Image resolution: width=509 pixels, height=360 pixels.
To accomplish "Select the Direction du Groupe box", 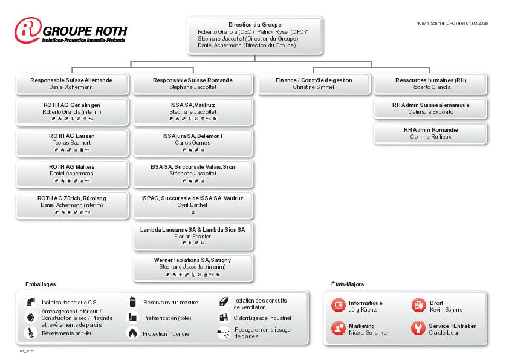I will pyautogui.click(x=254, y=35).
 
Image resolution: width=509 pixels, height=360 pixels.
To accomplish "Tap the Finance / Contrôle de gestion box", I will pyautogui.click(x=313, y=83).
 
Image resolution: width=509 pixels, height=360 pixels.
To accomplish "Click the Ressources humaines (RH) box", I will pyautogui.click(x=430, y=83).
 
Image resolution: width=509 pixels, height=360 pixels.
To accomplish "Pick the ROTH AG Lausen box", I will pyautogui.click(x=71, y=142).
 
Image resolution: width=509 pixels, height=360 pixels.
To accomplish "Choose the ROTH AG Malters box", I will pyautogui.click(x=71, y=173).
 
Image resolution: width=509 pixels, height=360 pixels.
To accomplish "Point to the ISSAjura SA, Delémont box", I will pyautogui.click(x=192, y=142).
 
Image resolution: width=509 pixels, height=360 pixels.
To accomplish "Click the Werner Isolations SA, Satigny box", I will pyautogui.click(x=192, y=266).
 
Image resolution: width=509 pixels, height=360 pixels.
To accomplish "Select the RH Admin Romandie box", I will pyautogui.click(x=430, y=133).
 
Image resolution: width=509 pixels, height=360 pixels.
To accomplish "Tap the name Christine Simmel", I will pyautogui.click(x=313, y=87).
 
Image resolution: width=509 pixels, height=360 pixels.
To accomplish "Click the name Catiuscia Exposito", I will pyautogui.click(x=430, y=112).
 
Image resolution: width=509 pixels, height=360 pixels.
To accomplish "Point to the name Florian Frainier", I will pyautogui.click(x=192, y=237).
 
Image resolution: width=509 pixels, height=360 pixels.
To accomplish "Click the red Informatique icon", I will pyautogui.click(x=338, y=306).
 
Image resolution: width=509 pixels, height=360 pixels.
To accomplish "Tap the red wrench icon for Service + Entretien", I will pyautogui.click(x=418, y=329).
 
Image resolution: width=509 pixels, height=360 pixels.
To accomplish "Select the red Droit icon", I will pyautogui.click(x=418, y=306).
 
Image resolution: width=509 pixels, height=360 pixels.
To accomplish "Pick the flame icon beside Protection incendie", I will pyautogui.click(x=132, y=333).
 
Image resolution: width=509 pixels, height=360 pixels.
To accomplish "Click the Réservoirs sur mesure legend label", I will pyautogui.click(x=170, y=302).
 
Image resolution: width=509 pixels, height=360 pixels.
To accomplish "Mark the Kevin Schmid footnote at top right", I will pyautogui.click(x=452, y=23).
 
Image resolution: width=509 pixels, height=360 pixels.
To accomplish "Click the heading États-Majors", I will pyautogui.click(x=348, y=284).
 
